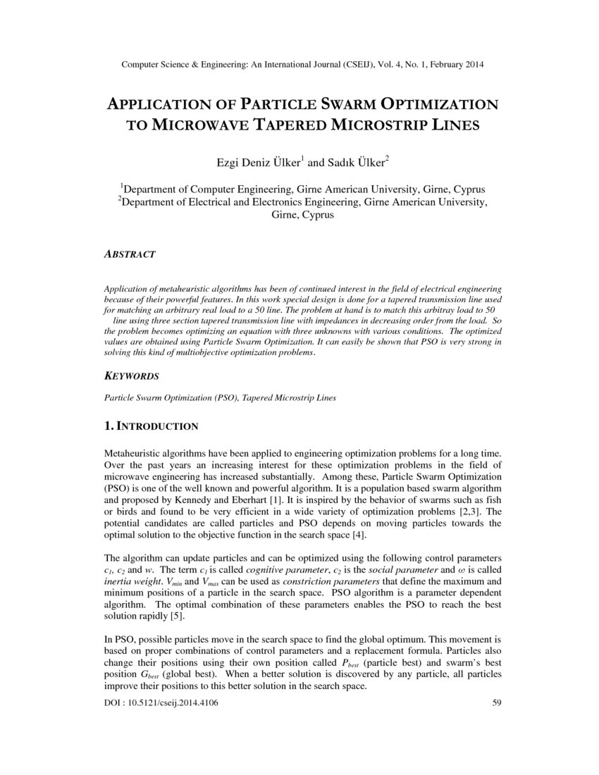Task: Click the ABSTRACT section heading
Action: coord(130,254)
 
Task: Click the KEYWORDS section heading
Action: coord(131,376)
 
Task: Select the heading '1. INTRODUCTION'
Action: coord(151,426)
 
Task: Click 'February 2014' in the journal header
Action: coord(455,65)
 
